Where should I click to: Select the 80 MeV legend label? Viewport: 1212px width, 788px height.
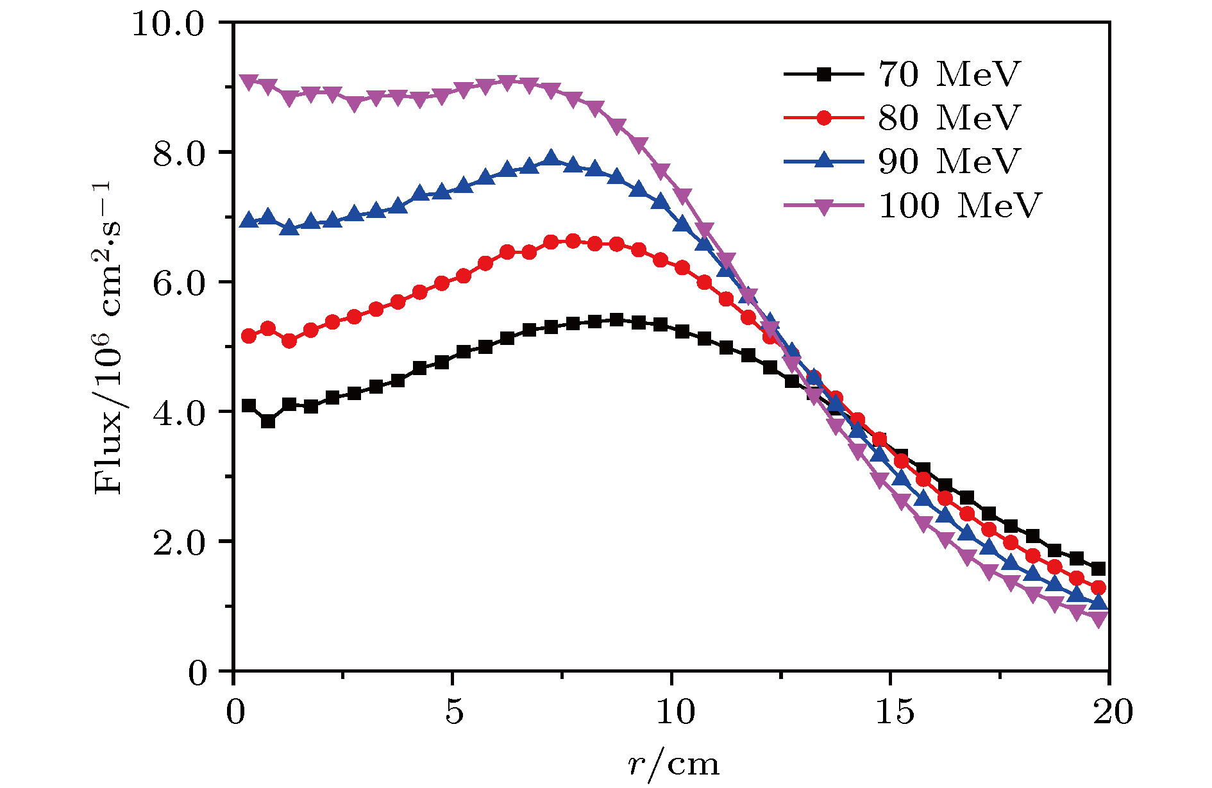pyautogui.click(x=948, y=117)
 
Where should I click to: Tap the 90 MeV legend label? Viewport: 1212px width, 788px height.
pyautogui.click(x=948, y=161)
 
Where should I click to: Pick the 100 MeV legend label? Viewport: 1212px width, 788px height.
pyautogui.click(x=959, y=205)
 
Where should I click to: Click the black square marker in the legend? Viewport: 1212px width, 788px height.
pyautogui.click(x=824, y=74)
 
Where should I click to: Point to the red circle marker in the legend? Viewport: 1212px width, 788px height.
pyautogui.click(x=824, y=118)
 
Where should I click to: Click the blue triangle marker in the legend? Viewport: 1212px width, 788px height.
pyautogui.click(x=824, y=160)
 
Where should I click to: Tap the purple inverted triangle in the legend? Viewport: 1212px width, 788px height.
pyautogui.click(x=824, y=206)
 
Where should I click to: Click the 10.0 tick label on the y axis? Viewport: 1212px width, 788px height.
pyautogui.click(x=167, y=24)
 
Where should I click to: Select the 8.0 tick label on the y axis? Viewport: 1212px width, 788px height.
pyautogui.click(x=178, y=154)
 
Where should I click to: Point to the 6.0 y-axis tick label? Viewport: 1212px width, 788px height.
pyautogui.click(x=178, y=283)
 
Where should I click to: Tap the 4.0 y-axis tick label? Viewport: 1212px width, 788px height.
pyautogui.click(x=178, y=413)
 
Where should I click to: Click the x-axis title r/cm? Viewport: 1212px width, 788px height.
pyautogui.click(x=673, y=764)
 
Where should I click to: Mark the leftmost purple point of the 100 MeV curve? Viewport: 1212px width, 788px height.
pyautogui.click(x=249, y=81)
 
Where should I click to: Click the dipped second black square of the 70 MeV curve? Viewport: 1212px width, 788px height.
pyautogui.click(x=268, y=422)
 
